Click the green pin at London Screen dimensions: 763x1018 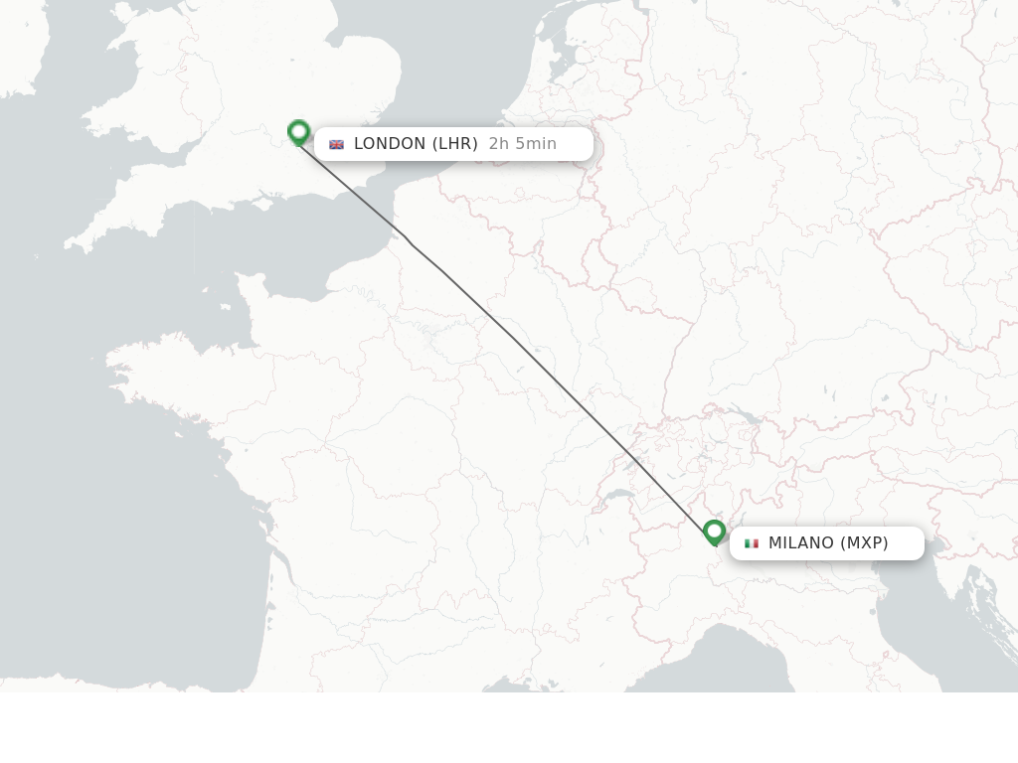pos(298,132)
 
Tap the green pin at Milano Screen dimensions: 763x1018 pos(714,533)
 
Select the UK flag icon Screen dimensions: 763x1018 pos(336,144)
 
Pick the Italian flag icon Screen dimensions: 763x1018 pos(752,543)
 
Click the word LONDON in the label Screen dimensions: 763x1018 pos(390,144)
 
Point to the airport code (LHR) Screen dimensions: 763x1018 pos(454,144)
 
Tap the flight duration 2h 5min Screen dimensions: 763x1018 pos(522,144)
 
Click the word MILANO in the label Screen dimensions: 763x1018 pos(801,543)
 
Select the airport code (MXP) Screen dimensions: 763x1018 pos(864,543)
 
